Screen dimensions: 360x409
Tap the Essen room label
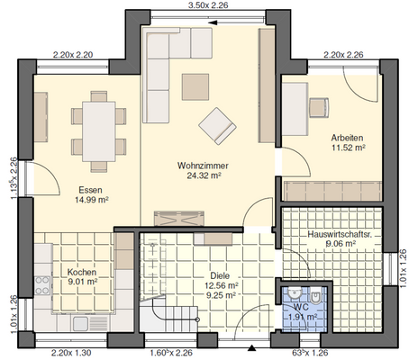coord(89,190)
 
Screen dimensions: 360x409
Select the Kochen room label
coord(82,270)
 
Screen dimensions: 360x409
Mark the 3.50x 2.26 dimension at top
coord(206,5)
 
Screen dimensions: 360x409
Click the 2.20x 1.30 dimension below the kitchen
coord(71,352)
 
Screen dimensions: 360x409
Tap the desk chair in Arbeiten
coord(321,107)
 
